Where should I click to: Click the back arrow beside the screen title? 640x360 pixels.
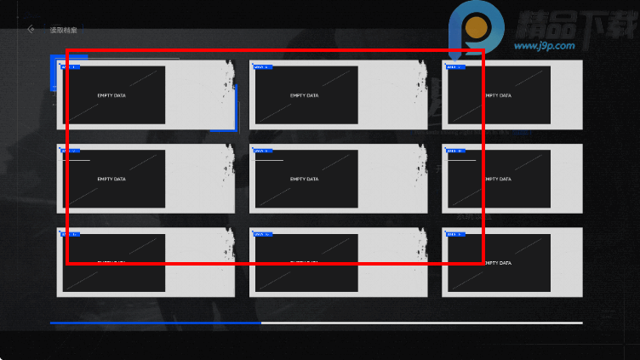(31, 29)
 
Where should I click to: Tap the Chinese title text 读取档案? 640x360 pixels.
(63, 30)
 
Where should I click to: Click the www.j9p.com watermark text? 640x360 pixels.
(545, 46)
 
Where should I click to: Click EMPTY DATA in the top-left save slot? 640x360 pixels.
(111, 95)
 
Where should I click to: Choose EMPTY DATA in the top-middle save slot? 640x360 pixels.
(304, 95)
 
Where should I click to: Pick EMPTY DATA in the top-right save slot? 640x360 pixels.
(498, 95)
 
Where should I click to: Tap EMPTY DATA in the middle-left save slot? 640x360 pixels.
(111, 179)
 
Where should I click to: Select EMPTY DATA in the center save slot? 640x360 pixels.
(304, 179)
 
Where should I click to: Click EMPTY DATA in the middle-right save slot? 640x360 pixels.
(498, 179)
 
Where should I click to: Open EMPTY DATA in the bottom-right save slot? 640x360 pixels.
(498, 262)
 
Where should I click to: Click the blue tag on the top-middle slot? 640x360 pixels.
(262, 66)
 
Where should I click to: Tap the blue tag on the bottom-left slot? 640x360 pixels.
(71, 233)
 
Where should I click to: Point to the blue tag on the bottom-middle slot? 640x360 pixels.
(262, 233)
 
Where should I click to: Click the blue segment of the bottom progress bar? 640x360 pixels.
(155, 323)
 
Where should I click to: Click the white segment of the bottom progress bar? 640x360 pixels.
(421, 323)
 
